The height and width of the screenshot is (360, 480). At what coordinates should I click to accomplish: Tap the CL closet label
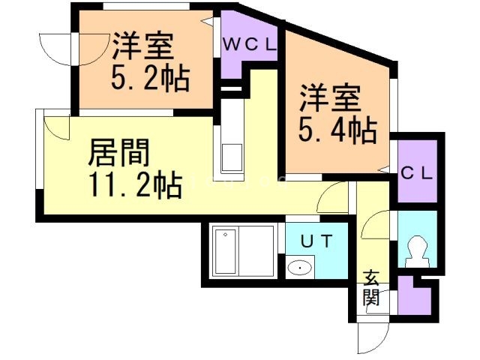coord(415,173)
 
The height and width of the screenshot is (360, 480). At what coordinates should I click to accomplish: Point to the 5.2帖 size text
coord(150,76)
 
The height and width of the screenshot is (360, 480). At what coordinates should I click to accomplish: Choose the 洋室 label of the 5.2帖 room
coord(142,46)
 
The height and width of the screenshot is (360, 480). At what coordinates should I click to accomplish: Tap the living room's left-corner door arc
coord(57,127)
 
